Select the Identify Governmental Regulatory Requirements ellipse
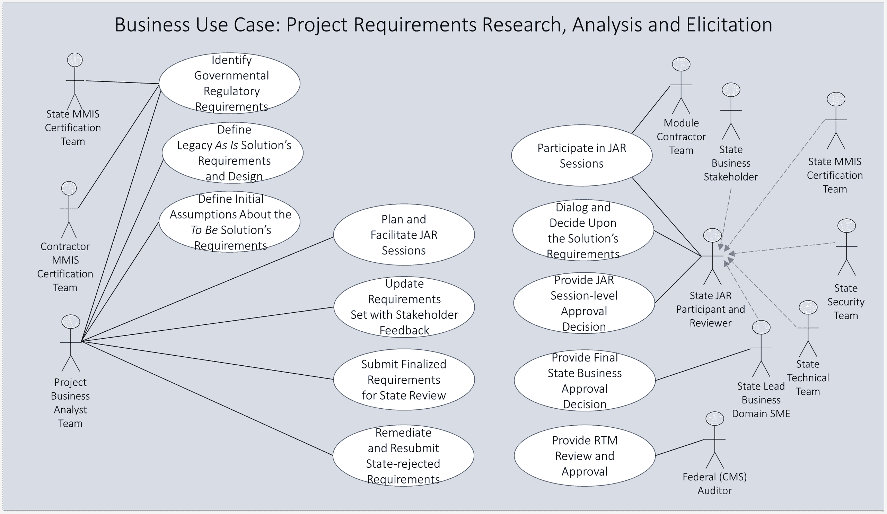pos(229,83)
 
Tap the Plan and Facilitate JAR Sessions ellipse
pos(404,234)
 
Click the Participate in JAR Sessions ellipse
pos(581,155)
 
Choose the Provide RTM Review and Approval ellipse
pos(584,455)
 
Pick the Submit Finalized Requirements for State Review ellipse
pos(404,380)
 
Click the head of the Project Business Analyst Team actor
pos(71,322)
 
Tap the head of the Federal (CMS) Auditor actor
pos(714,419)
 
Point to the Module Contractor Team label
pos(681,137)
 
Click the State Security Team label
pos(845,302)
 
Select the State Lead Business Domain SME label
pos(761,400)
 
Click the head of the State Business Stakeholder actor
pos(731,90)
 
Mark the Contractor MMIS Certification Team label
pos(65,267)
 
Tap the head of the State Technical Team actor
pos(808,307)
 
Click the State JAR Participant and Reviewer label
pos(710,309)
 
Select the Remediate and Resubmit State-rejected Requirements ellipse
pos(403,455)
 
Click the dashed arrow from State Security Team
pos(785,247)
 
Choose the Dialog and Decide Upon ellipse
pos(583,230)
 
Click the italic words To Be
pos(204,230)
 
